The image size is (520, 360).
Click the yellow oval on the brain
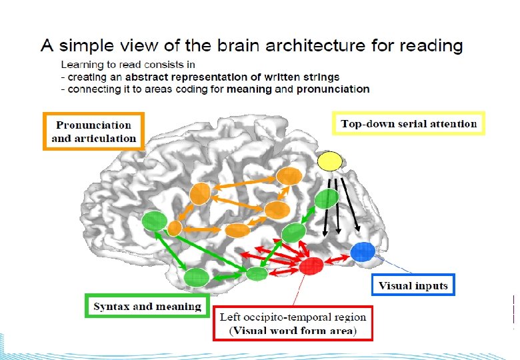[329, 161]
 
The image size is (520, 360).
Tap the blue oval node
[363, 251]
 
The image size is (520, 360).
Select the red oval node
[311, 266]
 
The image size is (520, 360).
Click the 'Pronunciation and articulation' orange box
[94, 131]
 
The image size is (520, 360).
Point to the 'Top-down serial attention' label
[409, 124]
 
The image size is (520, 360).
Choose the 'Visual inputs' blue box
[413, 286]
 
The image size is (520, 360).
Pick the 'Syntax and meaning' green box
[147, 307]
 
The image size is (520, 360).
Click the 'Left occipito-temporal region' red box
[293, 324]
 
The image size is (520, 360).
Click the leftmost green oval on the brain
[155, 221]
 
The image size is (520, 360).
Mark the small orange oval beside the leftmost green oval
[174, 228]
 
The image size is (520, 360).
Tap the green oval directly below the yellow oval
[326, 199]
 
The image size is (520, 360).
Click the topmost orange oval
[289, 176]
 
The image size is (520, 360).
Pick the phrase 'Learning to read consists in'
[128, 65]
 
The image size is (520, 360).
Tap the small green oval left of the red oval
[257, 273]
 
